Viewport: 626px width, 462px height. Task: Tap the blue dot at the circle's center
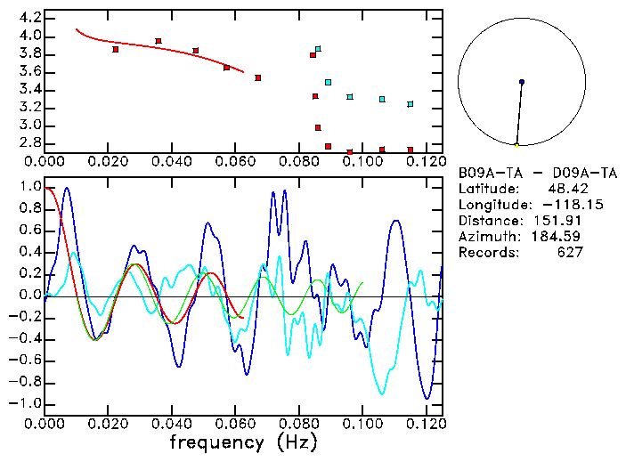[x=522, y=82]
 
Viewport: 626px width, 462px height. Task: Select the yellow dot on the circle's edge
[x=516, y=144]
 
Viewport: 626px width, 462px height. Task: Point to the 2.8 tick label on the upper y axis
[x=29, y=143]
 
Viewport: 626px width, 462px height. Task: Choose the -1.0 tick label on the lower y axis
[x=26, y=403]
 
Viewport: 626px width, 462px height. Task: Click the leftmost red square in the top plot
[x=116, y=50]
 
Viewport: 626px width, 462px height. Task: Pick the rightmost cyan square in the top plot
[x=411, y=104]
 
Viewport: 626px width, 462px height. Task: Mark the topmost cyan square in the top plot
[x=318, y=49]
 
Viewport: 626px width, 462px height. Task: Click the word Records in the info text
[x=486, y=253]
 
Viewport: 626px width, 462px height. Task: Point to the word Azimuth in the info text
[x=486, y=237]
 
